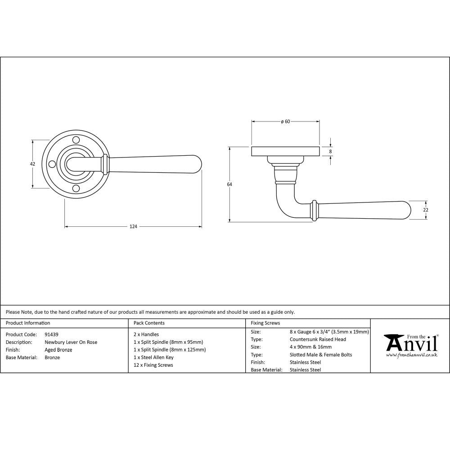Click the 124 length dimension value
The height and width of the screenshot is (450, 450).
(133, 226)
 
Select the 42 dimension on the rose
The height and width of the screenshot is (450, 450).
(32, 164)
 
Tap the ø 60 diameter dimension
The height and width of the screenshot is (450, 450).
(285, 121)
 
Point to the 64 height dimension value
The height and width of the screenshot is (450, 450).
(229, 184)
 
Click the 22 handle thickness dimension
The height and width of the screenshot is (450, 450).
(426, 210)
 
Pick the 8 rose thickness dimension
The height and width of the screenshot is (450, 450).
(331, 152)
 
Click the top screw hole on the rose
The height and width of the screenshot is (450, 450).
(76, 140)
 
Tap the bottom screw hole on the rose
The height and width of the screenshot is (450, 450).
(76, 188)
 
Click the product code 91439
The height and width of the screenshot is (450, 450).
(51, 334)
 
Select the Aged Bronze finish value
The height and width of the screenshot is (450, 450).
(58, 350)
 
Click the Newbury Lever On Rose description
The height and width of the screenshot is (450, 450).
(71, 342)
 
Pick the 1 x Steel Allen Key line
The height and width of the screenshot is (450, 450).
(153, 357)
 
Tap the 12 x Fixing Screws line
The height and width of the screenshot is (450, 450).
(153, 365)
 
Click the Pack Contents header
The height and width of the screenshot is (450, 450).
(149, 323)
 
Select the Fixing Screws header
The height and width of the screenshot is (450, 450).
(265, 323)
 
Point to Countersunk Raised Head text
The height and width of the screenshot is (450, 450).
(318, 339)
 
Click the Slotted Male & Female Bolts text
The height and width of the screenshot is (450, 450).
(321, 355)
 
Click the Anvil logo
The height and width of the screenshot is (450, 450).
(410, 343)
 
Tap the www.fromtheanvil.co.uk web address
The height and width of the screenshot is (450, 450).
(412, 355)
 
